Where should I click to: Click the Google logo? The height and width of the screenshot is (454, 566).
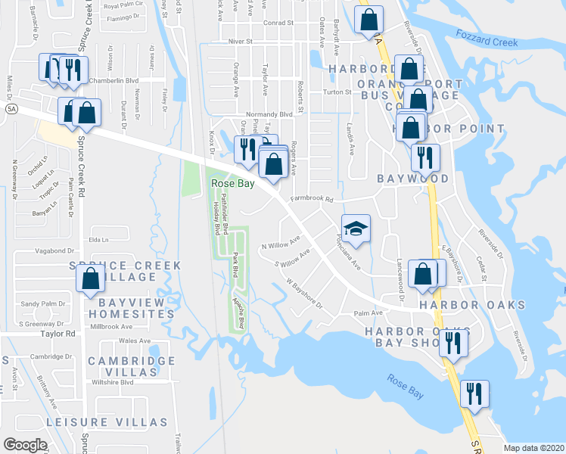click(x=25, y=444)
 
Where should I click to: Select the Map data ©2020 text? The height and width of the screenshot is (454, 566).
click(x=533, y=448)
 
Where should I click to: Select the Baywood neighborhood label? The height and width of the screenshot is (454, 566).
click(x=413, y=179)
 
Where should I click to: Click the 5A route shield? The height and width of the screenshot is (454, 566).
click(x=11, y=110)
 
